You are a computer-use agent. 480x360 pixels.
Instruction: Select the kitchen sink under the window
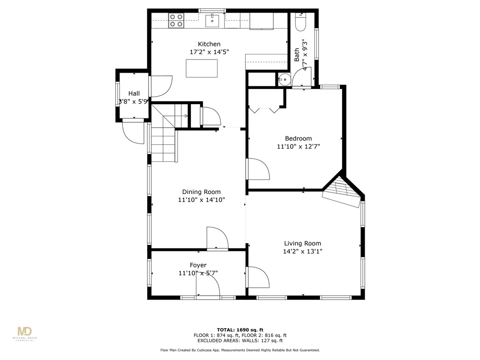pyautogui.click(x=212, y=20)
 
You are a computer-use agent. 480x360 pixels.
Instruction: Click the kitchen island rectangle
pyautogui.click(x=202, y=68)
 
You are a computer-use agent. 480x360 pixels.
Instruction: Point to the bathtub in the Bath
pyautogui.click(x=300, y=21)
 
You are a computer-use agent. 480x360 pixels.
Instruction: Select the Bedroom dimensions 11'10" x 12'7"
pyautogui.click(x=298, y=147)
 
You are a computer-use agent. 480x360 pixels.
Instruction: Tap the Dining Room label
pyautogui.click(x=201, y=192)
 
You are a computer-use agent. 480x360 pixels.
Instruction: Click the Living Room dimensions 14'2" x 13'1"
pyautogui.click(x=302, y=251)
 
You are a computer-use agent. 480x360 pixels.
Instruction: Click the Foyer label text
pyautogui.click(x=198, y=265)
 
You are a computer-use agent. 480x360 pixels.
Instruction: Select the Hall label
pyautogui.click(x=134, y=93)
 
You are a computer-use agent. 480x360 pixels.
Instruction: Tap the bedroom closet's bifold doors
pyautogui.click(x=265, y=110)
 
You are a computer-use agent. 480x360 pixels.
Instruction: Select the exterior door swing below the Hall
pyautogui.click(x=133, y=133)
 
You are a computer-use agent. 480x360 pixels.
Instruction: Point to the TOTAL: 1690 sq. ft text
pyautogui.click(x=240, y=330)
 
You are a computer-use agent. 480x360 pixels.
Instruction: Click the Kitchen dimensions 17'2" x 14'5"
pyautogui.click(x=209, y=52)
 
